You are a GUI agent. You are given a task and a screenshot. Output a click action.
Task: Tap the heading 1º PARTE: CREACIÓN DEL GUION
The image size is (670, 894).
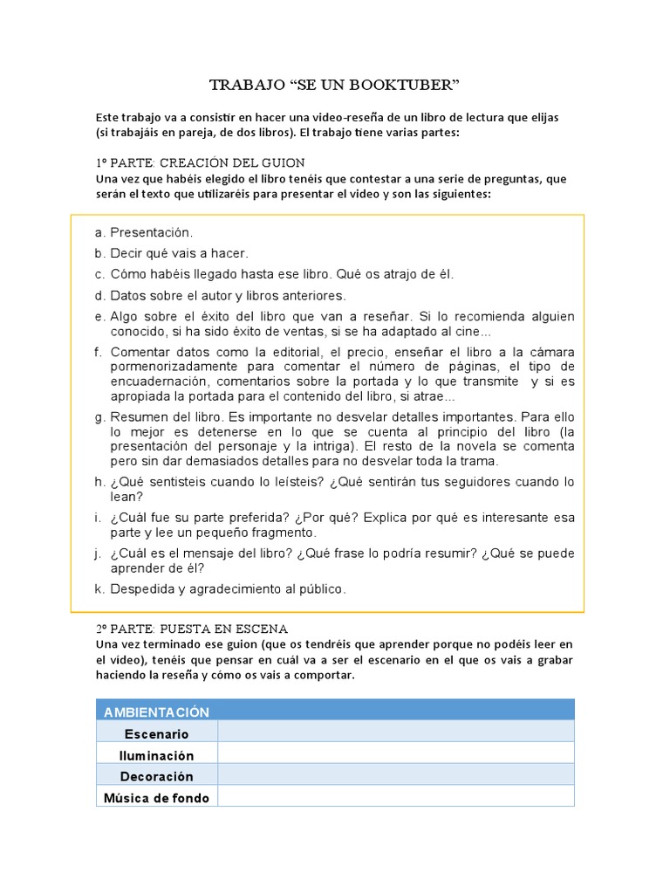(x=200, y=163)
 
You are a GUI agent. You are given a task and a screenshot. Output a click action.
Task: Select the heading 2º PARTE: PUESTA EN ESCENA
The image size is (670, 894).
(x=192, y=629)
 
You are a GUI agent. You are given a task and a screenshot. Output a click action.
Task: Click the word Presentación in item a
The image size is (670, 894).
(x=151, y=233)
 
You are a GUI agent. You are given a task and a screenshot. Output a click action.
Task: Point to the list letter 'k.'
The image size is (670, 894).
(x=99, y=589)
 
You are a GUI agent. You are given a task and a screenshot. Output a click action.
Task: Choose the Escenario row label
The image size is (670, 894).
(x=157, y=733)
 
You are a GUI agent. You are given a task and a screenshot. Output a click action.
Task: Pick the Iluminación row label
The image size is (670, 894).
(x=157, y=755)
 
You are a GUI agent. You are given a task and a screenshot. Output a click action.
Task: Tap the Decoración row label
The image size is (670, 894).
(x=157, y=776)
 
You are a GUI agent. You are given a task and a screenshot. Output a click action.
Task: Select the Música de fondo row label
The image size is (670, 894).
(x=157, y=797)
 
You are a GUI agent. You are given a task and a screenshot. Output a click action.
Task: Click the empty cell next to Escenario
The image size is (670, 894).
(x=396, y=732)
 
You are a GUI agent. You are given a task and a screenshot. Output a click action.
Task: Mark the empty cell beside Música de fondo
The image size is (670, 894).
(x=396, y=796)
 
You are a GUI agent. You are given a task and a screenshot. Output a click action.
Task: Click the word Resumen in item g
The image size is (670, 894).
(x=138, y=416)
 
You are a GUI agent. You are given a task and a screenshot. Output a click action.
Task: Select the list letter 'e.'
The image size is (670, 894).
(x=99, y=316)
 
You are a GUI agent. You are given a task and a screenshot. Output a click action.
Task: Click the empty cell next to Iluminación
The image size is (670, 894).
(x=396, y=753)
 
